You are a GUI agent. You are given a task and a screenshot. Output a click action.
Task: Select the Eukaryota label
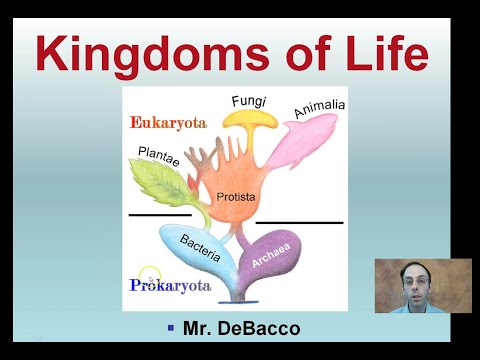(168, 123)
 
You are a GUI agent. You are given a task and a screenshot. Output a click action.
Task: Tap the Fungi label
(248, 101)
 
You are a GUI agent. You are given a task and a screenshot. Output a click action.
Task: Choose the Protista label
(236, 197)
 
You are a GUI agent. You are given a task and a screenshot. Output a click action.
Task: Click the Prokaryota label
(170, 286)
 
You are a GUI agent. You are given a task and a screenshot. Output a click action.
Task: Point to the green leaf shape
(165, 185)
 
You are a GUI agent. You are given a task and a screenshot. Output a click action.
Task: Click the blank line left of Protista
(159, 214)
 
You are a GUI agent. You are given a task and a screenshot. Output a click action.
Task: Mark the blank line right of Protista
(299, 222)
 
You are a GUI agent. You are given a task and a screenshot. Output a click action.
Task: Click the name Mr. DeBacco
(240, 328)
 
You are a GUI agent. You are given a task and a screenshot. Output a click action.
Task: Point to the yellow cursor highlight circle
(150, 275)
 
